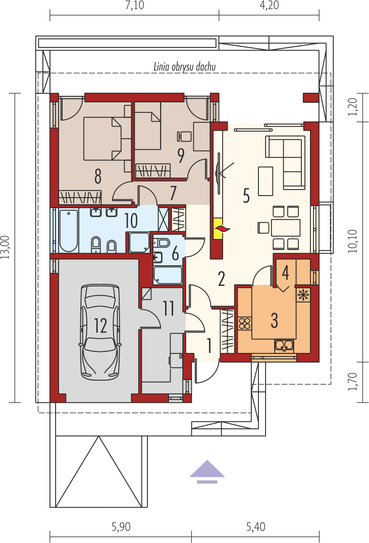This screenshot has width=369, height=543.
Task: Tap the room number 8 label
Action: click(x=97, y=176)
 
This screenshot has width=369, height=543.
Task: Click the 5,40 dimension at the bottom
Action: click(x=256, y=527)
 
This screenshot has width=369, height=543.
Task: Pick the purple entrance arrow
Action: click(x=207, y=471)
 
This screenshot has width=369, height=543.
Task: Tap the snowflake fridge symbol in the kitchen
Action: click(x=303, y=295)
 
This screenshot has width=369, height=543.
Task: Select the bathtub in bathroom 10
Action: click(x=69, y=230)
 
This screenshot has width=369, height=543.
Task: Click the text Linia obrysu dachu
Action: click(x=185, y=67)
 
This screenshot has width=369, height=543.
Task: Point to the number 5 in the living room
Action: click(x=246, y=195)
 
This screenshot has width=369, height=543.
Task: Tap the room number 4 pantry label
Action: click(x=285, y=273)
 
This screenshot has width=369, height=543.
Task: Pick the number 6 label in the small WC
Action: click(x=175, y=254)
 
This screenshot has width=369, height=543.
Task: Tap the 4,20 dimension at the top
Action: click(x=269, y=6)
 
